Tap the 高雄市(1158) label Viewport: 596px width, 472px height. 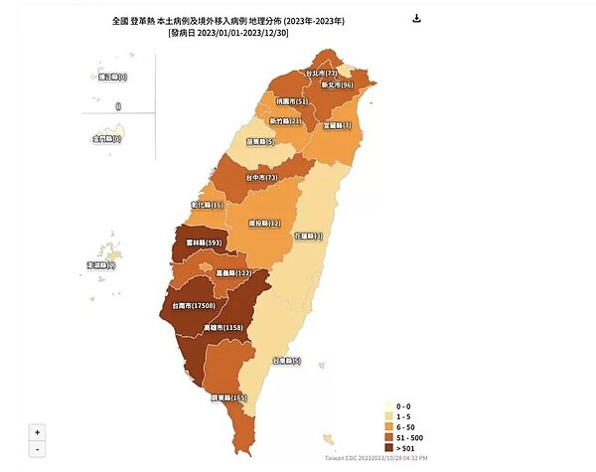[248, 327]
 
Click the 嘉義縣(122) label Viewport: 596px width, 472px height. [228, 273]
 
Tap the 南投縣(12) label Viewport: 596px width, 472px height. [265, 225]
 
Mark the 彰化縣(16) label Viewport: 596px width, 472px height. [203, 205]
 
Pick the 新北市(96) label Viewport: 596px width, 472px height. [336, 86]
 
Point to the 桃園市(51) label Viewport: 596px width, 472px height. [292, 101]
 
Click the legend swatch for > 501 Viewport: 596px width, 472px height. [391, 446]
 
